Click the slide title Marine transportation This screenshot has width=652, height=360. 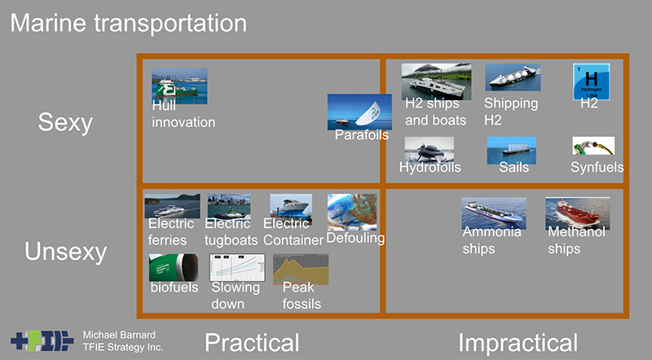pyautogui.click(x=129, y=24)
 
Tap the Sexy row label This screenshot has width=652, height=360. pyautogui.click(x=65, y=123)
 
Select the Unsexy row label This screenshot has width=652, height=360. pyautogui.click(x=66, y=252)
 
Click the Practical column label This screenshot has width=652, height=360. pyautogui.click(x=252, y=343)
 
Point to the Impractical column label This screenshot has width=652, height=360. pyautogui.click(x=518, y=343)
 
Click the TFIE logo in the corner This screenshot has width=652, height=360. pyautogui.click(x=42, y=341)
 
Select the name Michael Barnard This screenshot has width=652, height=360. pyautogui.click(x=119, y=335)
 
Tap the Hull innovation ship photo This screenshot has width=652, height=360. pyautogui.click(x=179, y=86)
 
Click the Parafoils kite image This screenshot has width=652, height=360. pyautogui.click(x=359, y=112)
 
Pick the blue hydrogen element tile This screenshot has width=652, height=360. pyautogui.click(x=592, y=81)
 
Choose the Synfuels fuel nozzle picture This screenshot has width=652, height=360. pyautogui.click(x=593, y=146)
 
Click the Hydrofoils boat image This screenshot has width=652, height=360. pyautogui.click(x=430, y=149)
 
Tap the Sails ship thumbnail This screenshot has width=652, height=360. pyautogui.click(x=512, y=150)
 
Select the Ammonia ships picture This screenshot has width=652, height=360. pyautogui.click(x=494, y=213)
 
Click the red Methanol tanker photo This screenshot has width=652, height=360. pyautogui.click(x=578, y=213)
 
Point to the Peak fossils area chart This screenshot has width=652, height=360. pyautogui.click(x=301, y=270)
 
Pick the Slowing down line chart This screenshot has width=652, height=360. pyautogui.click(x=237, y=268)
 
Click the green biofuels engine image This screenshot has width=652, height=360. pyautogui.click(x=174, y=268)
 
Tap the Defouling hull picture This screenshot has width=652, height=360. pyautogui.click(x=352, y=212)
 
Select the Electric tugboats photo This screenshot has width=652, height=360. pyautogui.click(x=229, y=207)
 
